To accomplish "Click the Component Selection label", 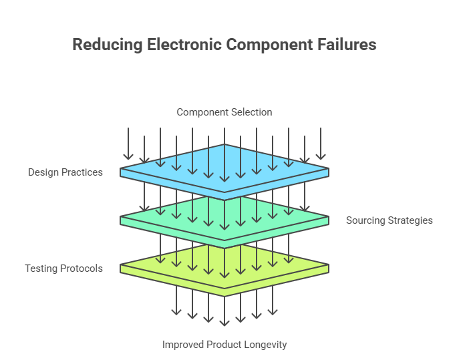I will coord(224,112).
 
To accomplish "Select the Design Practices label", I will coord(65,172).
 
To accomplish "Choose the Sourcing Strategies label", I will coord(390,220).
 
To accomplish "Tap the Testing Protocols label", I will coord(64,268).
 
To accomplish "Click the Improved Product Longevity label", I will coord(224,345).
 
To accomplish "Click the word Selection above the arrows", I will coord(252,112).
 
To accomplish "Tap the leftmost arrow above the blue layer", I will coord(128,144).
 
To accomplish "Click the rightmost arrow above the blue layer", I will coord(321,144).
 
